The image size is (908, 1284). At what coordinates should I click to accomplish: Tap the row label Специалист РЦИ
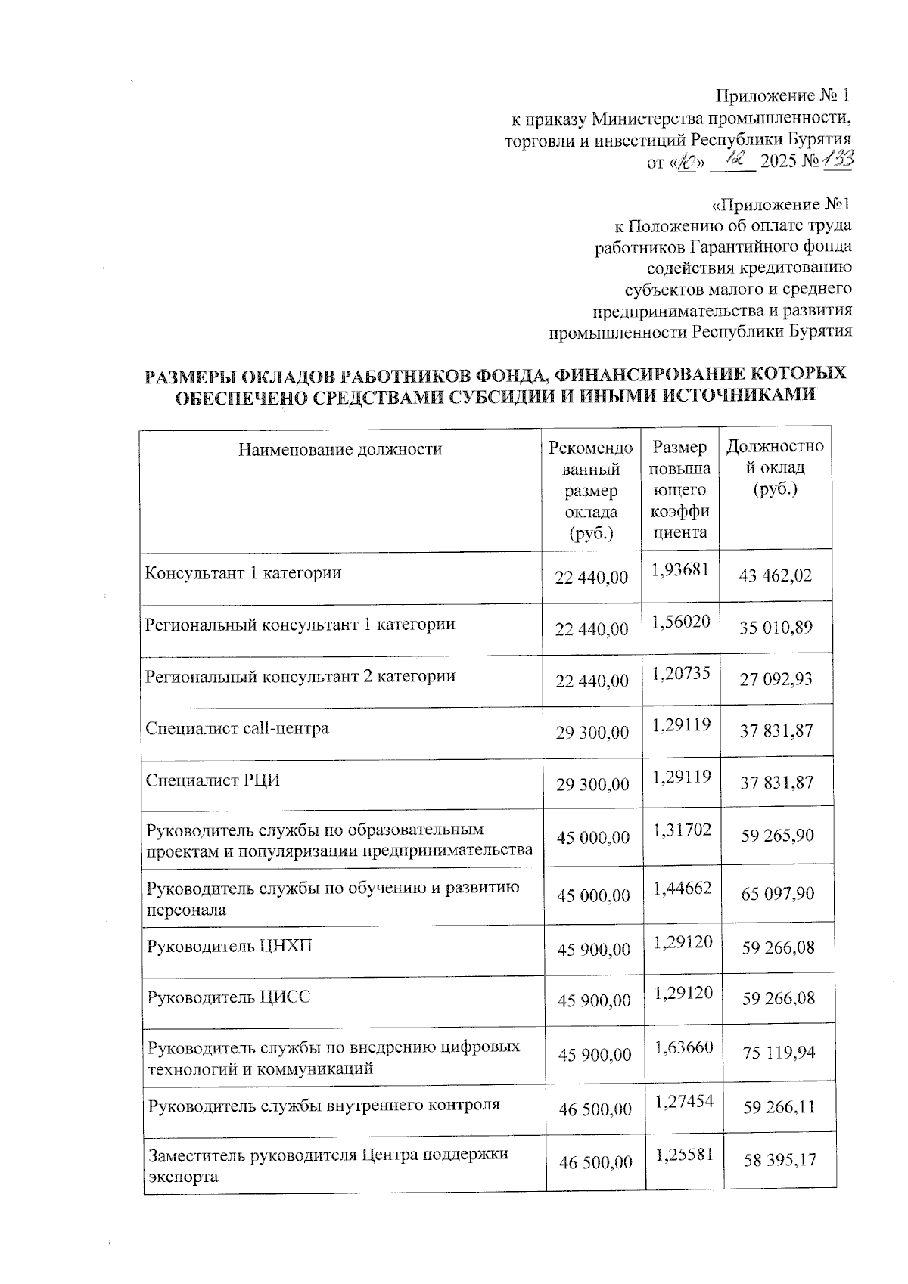coord(213,780)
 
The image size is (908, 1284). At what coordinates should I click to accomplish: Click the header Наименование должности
coord(340,450)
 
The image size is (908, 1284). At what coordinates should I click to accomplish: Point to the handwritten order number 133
coord(838,160)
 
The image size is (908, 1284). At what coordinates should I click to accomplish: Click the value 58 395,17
coord(779,1159)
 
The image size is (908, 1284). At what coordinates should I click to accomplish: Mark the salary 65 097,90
coord(778,894)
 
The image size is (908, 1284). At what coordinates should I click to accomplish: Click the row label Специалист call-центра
coord(237,729)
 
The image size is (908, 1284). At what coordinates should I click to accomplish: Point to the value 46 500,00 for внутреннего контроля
coord(595,1109)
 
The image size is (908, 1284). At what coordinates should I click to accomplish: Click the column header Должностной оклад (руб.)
coord(775,467)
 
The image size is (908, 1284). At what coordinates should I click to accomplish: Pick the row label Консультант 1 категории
coord(243,573)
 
